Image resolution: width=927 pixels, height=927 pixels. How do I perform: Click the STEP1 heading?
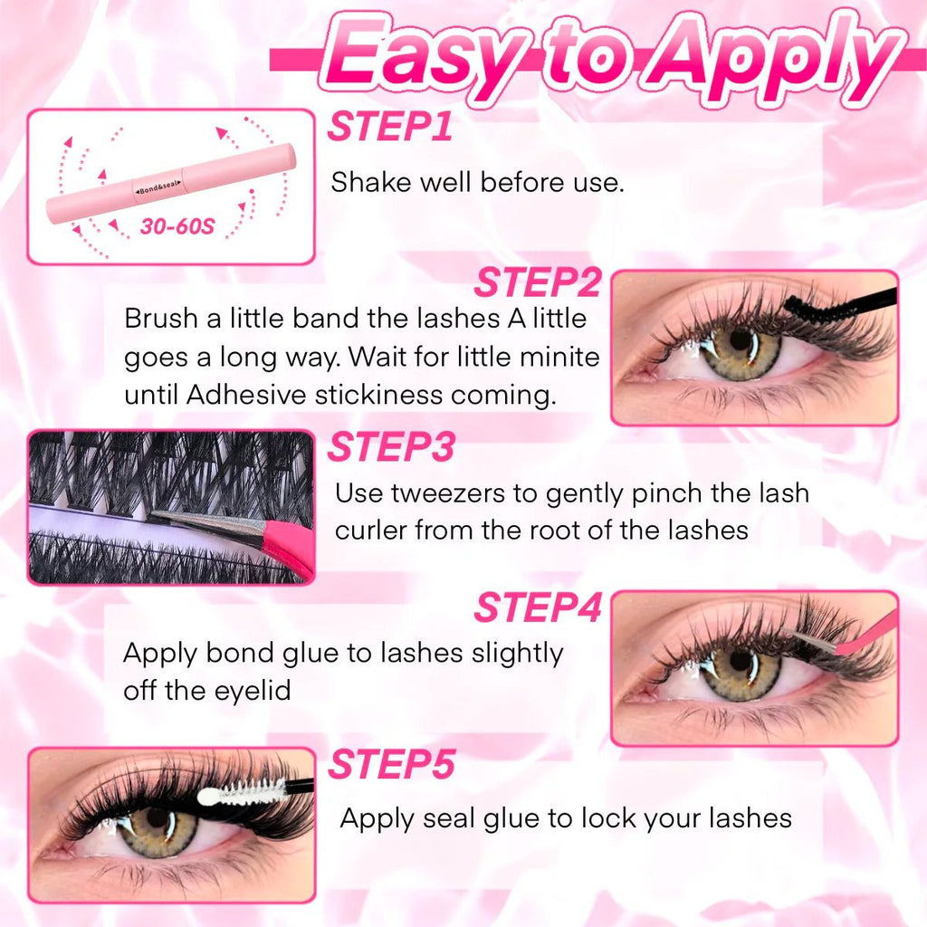pos(390,127)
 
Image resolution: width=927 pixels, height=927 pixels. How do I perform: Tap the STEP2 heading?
pos(538,282)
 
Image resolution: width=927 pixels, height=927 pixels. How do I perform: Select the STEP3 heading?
pos(391,446)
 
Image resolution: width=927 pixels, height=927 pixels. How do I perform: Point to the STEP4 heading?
pos(538,607)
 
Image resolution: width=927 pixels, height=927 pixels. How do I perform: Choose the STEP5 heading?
pos(392,764)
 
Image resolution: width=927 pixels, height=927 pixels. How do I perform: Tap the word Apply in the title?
pos(769,57)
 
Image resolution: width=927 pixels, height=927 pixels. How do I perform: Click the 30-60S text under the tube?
pos(177,225)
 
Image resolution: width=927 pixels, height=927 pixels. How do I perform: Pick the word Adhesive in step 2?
pos(246,395)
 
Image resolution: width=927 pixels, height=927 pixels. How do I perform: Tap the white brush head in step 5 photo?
pos(243,792)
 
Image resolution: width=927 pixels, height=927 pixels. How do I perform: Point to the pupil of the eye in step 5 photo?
pos(158,818)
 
